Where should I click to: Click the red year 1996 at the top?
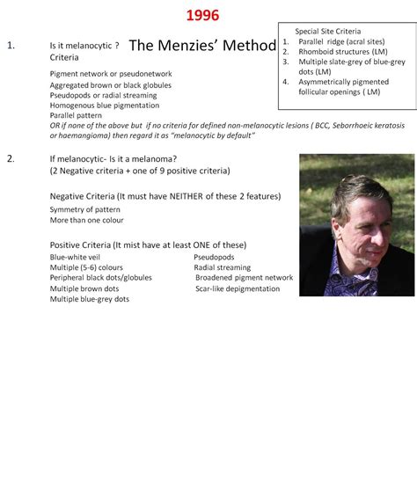click(202, 16)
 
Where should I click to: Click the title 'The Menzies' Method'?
click(202, 46)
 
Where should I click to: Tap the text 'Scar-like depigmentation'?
click(238, 288)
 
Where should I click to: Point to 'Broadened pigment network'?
click(245, 278)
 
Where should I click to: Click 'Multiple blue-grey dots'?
click(90, 299)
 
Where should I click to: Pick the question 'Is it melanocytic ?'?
click(84, 45)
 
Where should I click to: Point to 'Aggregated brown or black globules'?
click(111, 84)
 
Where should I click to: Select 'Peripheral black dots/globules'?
click(101, 278)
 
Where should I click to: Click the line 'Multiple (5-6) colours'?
click(86, 267)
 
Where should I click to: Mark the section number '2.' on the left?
click(11, 158)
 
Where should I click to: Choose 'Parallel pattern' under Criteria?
click(76, 115)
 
